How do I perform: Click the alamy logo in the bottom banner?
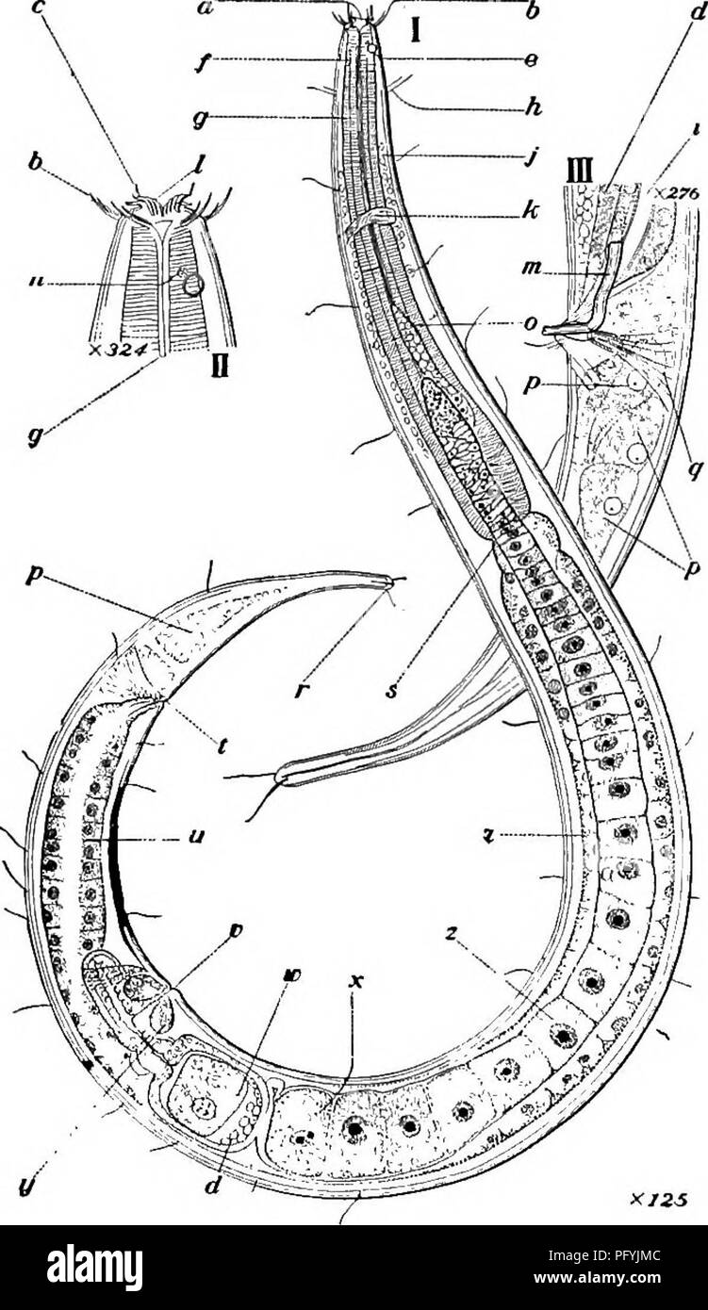point(91,1264)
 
